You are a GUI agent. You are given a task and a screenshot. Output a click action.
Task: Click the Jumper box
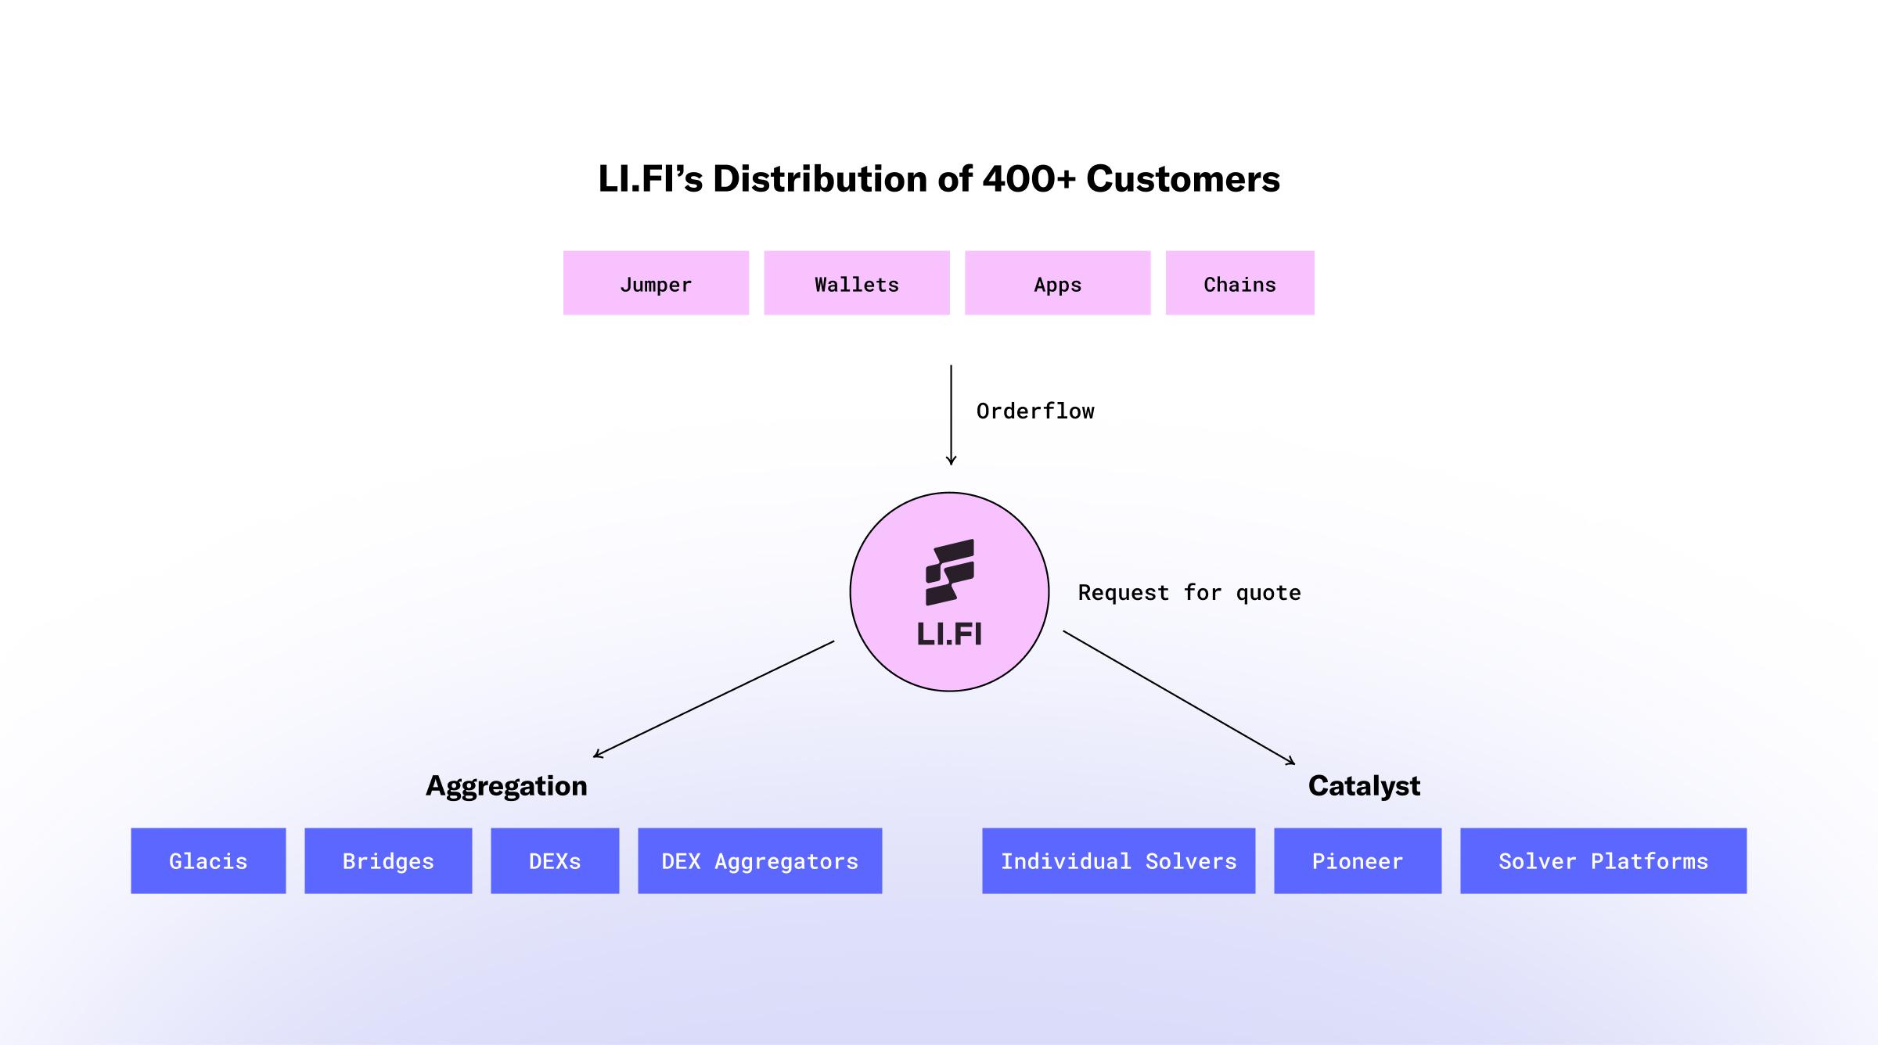pyautogui.click(x=656, y=283)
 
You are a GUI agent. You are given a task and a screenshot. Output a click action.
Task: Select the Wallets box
pyautogui.click(x=857, y=283)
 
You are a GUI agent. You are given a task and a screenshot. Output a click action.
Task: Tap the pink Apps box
pyautogui.click(x=1057, y=283)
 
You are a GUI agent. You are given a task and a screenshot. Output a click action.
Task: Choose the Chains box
pyautogui.click(x=1239, y=283)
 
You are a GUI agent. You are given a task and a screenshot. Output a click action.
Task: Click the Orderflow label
pyautogui.click(x=1035, y=411)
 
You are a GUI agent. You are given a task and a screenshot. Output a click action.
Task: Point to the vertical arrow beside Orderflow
pyautogui.click(x=951, y=415)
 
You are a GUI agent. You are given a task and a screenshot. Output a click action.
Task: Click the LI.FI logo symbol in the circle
pyautogui.click(x=950, y=572)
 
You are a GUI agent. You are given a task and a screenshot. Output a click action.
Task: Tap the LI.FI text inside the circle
pyautogui.click(x=949, y=634)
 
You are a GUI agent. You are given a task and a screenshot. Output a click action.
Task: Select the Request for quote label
pyautogui.click(x=1189, y=593)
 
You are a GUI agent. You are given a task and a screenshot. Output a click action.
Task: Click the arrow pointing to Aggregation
pyautogui.click(x=714, y=698)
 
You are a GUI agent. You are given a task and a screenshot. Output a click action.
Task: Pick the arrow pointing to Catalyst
pyautogui.click(x=1178, y=697)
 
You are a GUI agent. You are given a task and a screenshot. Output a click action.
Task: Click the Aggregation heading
pyautogui.click(x=506, y=786)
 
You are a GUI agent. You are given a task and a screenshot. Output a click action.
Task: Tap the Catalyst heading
pyautogui.click(x=1364, y=786)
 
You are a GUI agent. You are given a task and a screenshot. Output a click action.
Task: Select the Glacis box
pyautogui.click(x=208, y=860)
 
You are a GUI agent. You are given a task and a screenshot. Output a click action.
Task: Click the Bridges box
pyautogui.click(x=388, y=860)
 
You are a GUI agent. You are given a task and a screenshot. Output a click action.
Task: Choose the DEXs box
pyautogui.click(x=555, y=860)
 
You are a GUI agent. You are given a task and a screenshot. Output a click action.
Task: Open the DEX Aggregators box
pyautogui.click(x=760, y=860)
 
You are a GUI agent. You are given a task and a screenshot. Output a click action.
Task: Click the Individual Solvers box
pyautogui.click(x=1118, y=860)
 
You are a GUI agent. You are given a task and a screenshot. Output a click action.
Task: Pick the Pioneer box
pyautogui.click(x=1358, y=860)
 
